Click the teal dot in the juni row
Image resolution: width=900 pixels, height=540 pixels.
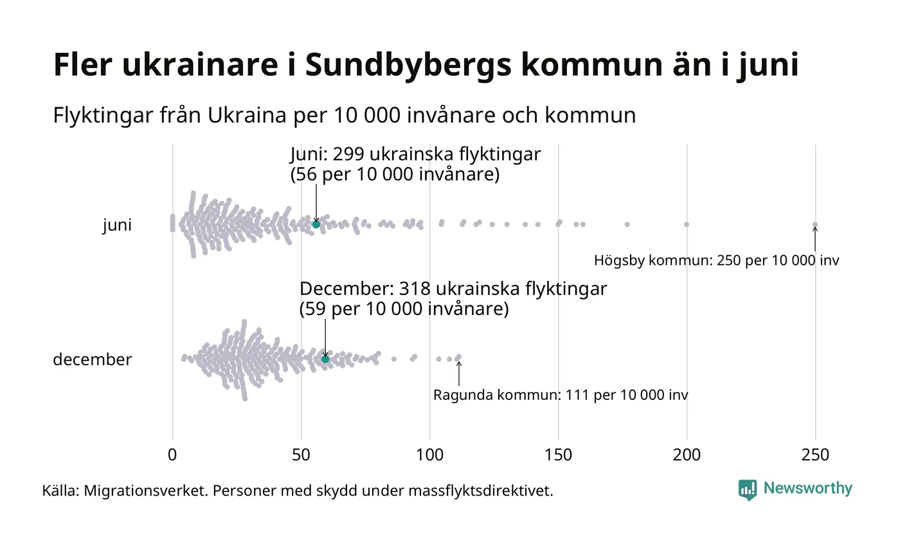316,224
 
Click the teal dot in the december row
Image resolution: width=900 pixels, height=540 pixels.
325,359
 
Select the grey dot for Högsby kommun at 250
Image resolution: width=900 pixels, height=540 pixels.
815,224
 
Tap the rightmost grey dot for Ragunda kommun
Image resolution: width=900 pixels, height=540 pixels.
458,357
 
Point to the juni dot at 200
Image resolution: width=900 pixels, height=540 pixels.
687,224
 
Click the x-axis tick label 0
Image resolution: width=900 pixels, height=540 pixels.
172,455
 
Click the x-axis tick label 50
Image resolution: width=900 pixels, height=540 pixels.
301,455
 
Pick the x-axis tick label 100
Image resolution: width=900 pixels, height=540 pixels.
429,455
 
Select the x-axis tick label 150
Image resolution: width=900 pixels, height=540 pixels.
558,455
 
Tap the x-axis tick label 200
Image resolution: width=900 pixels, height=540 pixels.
687,455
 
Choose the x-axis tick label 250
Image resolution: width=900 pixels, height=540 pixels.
815,455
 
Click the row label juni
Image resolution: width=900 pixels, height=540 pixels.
117,226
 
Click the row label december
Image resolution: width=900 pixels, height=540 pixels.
92,359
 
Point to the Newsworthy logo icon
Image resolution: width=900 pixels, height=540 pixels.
748,490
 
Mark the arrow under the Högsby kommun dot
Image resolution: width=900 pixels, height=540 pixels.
815,239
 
